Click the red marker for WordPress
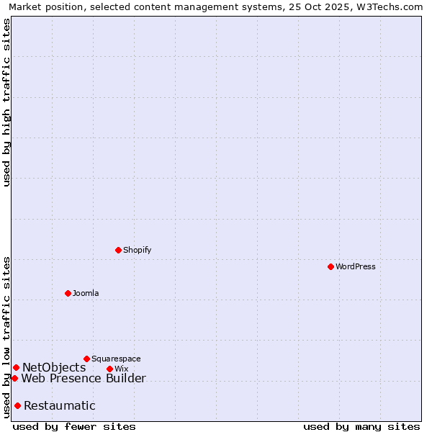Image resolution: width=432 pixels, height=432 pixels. coord(330,266)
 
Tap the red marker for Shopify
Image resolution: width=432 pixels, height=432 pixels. coord(118,250)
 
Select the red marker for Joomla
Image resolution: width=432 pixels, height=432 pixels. coord(68,293)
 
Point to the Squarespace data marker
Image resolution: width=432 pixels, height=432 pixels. coord(86,359)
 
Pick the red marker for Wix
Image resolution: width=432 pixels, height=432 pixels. coord(109,369)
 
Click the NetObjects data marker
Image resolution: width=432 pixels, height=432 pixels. coord(16,368)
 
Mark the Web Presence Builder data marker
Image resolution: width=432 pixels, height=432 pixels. coord(14,378)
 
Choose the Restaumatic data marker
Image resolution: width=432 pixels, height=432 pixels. coord(17,405)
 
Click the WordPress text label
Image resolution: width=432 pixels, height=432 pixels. coord(356,266)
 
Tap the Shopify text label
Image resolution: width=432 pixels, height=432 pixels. coord(137,250)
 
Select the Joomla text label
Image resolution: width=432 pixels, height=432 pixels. coord(86,293)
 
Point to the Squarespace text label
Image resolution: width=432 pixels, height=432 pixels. coord(116,359)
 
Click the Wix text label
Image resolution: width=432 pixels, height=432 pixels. coord(121,369)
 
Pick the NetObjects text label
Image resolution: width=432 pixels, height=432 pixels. coord(54,368)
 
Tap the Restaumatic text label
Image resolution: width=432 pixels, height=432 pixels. coord(60,405)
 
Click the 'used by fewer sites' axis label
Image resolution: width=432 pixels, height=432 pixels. coord(74,426)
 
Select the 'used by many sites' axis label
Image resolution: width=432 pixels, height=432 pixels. coord(361,426)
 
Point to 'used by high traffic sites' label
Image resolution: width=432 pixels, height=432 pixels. coord(6,102)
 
